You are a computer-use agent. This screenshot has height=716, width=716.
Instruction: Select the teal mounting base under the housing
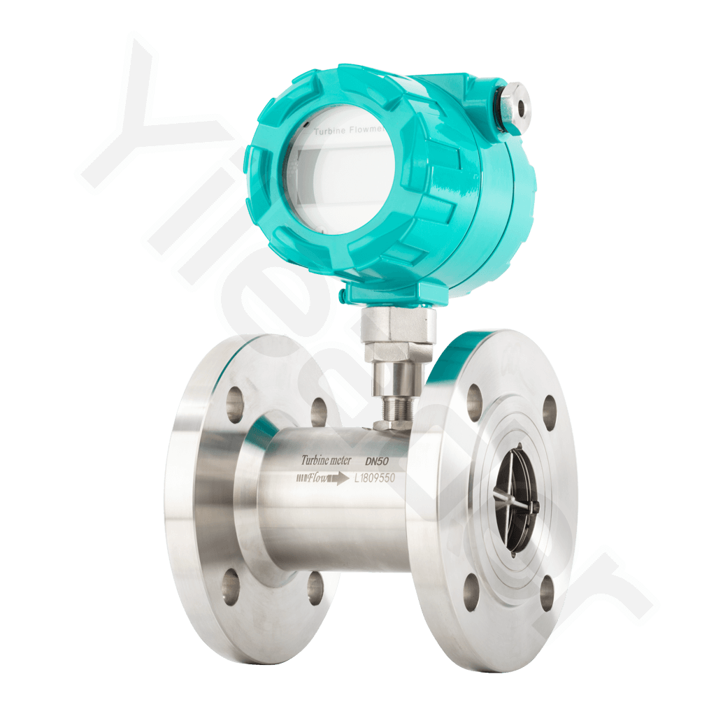pyautogui.click(x=392, y=293)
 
